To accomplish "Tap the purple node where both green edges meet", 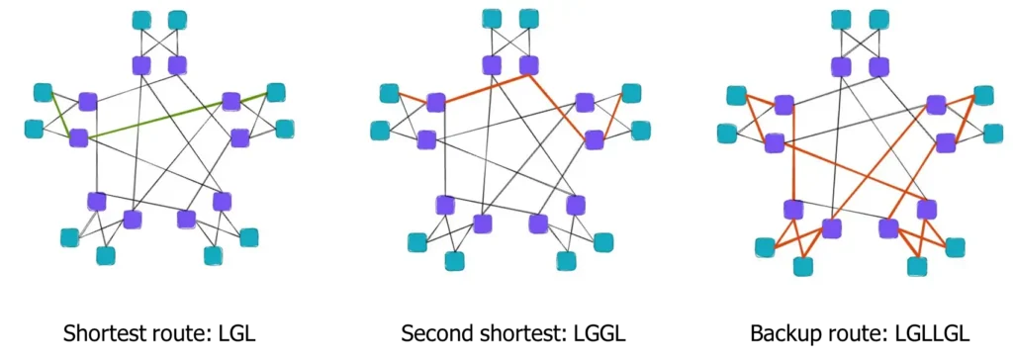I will click(x=78, y=137).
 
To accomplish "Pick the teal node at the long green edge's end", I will click(x=276, y=93).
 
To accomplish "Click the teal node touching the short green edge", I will click(x=43, y=93).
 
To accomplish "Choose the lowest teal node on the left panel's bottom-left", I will click(x=105, y=255).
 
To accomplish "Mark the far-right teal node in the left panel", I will click(x=285, y=129).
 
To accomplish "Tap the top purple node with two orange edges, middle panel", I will click(x=529, y=65).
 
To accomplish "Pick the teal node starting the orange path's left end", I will click(x=389, y=94).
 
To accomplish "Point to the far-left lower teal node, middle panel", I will click(x=380, y=131).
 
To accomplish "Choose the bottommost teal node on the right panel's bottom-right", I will click(x=917, y=265).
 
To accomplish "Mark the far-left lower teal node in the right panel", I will click(x=727, y=133).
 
